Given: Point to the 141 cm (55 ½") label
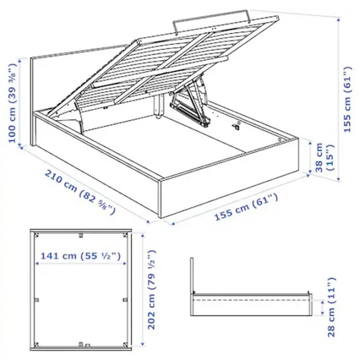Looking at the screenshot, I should tap(80, 256).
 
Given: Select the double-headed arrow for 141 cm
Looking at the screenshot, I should tap(80, 265).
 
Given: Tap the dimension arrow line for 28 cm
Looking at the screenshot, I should tap(323, 307).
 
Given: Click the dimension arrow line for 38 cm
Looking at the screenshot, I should tap(311, 157).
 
